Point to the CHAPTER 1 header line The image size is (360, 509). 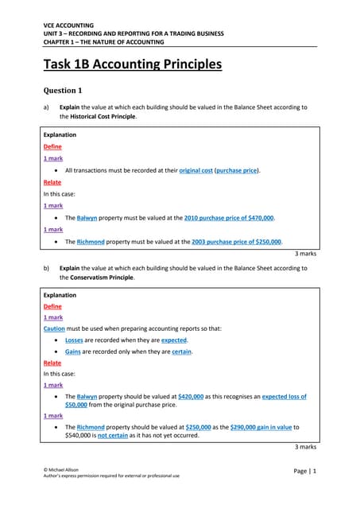pos(103,41)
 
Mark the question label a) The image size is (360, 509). pos(46,107)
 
